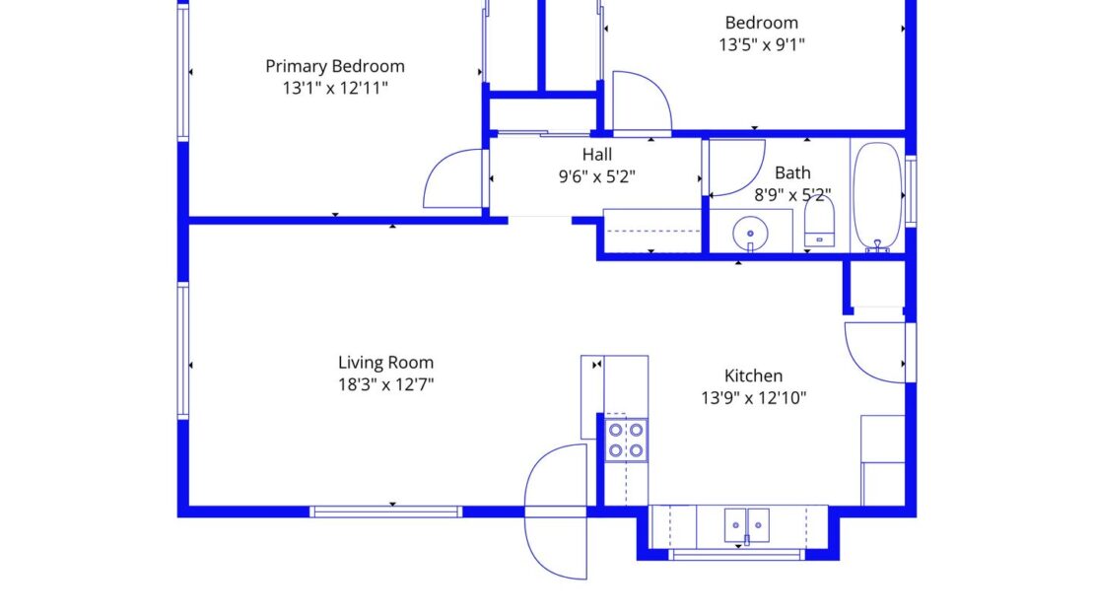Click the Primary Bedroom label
click(335, 66)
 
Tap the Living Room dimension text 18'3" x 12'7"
click(385, 384)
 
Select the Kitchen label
click(753, 375)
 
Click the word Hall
click(596, 155)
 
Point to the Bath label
click(792, 173)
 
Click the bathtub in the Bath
click(875, 196)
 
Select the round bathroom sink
click(750, 233)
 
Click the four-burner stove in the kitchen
click(625, 440)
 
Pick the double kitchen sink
click(746, 523)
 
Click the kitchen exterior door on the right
click(875, 353)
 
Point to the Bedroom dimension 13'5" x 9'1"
click(762, 44)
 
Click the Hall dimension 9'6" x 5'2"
click(596, 177)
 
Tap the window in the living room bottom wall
click(385, 512)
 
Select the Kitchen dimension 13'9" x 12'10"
click(753, 398)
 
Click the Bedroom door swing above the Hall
click(641, 102)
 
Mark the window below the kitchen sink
click(736, 555)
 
